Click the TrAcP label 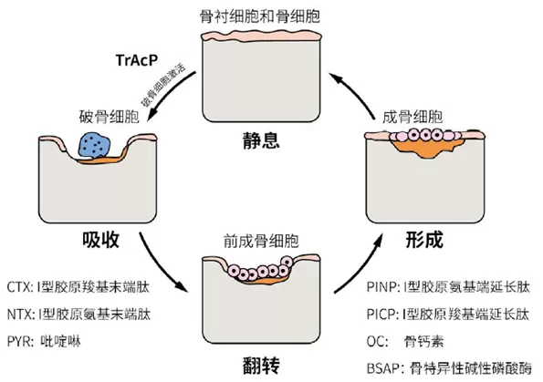point(137,60)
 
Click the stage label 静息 point(261,140)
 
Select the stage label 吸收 point(100,240)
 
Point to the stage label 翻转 point(261,366)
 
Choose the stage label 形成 point(424,240)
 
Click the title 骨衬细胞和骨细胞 point(260,16)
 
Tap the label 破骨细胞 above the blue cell point(110,117)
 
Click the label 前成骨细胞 point(261,242)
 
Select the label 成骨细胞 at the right point(412,117)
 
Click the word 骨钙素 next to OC point(423,342)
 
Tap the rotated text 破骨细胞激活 point(163,85)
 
